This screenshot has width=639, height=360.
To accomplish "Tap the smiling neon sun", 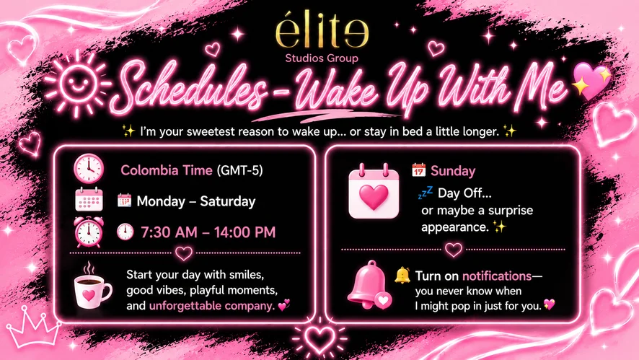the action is pyautogui.click(x=77, y=84).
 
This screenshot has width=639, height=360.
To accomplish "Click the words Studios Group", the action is pyautogui.click(x=322, y=58).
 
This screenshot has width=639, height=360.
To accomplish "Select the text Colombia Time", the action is pyautogui.click(x=167, y=170).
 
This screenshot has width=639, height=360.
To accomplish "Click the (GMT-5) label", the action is pyautogui.click(x=240, y=170).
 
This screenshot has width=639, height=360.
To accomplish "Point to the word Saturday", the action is pyautogui.click(x=228, y=201).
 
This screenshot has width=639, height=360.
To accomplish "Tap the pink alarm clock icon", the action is pyautogui.click(x=89, y=232).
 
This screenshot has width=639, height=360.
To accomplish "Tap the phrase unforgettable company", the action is pyautogui.click(x=211, y=305).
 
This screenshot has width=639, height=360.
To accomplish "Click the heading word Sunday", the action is pyautogui.click(x=453, y=171).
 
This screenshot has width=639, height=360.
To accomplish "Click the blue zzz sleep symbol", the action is pyautogui.click(x=425, y=193).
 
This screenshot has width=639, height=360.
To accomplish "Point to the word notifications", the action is pyautogui.click(x=497, y=276).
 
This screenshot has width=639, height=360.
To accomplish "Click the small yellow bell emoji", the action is pyautogui.click(x=402, y=276).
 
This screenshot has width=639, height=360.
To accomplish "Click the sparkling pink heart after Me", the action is pyautogui.click(x=591, y=80).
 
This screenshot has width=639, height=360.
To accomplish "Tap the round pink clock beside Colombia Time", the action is pyautogui.click(x=89, y=168).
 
